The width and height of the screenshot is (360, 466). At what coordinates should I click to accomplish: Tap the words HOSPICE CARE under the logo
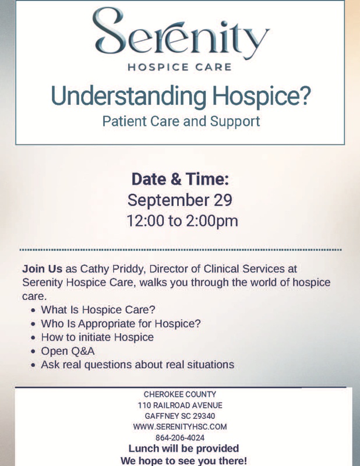(x=179, y=67)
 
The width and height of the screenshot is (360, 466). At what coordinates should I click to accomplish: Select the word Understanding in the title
(x=128, y=96)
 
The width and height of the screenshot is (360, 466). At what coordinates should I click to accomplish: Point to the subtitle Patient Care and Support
(x=181, y=122)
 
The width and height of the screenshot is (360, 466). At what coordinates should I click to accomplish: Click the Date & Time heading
(x=180, y=179)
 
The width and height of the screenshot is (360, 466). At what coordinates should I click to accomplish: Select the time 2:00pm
(x=212, y=221)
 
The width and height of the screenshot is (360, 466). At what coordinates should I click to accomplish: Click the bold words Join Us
(x=42, y=269)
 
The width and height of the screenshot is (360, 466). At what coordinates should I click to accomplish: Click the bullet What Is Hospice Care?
(x=98, y=310)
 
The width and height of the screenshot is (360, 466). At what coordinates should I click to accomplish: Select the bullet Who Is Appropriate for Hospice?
(x=121, y=324)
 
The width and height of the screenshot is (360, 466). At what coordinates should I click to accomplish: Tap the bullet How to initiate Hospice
(x=97, y=337)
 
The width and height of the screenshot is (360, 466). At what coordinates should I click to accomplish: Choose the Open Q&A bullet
(x=68, y=351)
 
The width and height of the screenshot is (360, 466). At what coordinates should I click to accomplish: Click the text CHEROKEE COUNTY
(x=180, y=394)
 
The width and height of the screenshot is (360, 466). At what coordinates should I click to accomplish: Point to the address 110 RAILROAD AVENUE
(x=180, y=405)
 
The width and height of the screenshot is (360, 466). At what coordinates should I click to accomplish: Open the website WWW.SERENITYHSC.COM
(x=180, y=427)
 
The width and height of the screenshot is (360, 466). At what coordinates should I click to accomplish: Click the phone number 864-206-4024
(x=180, y=438)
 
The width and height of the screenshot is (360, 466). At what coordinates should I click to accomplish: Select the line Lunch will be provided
(x=183, y=449)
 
